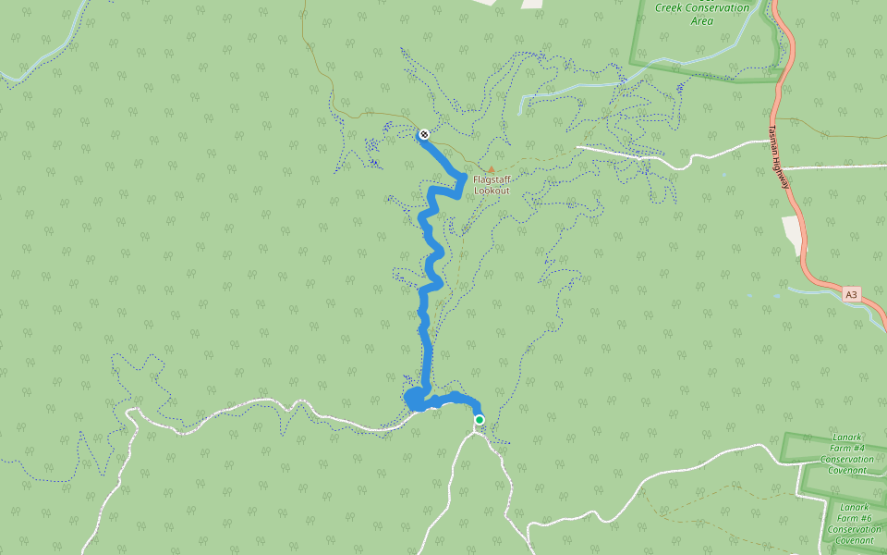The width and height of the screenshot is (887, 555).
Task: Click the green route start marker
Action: coord(480,420)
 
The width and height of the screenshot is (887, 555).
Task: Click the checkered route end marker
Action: coord(424,134)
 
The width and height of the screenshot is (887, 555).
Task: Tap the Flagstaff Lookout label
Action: coord(492,184)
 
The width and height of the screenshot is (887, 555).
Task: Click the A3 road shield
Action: coord(852,294)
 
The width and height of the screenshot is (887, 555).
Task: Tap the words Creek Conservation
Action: coord(701,7)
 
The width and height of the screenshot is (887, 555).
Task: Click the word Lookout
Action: coord(492,191)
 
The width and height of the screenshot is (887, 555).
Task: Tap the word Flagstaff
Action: coord(492,179)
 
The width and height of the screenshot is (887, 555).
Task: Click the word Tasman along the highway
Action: coord(774,140)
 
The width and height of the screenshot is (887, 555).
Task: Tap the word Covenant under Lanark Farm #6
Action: coord(855,540)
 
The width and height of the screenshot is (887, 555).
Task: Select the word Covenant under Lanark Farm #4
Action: coord(846,470)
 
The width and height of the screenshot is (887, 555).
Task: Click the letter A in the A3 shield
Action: coord(848,294)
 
